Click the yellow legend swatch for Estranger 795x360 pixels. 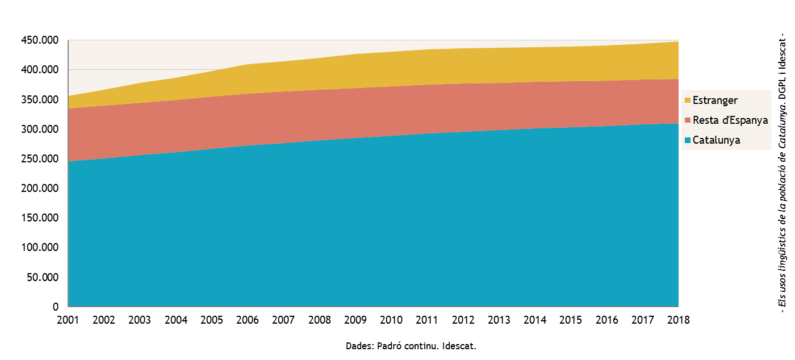tap(687, 101)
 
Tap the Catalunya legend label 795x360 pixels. tap(717, 140)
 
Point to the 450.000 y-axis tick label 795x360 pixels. tap(39, 40)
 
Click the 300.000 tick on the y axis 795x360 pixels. tap(39, 129)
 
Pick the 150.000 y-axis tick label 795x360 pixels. tap(39, 218)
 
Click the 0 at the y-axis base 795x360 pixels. tap(56, 307)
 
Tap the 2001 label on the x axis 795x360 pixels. tap(68, 320)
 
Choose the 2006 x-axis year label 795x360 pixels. tap(248, 320)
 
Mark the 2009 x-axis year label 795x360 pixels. tap(355, 320)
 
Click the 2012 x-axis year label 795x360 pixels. tap(463, 320)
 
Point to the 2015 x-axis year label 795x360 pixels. tap(571, 320)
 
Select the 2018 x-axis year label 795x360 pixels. tap(679, 320)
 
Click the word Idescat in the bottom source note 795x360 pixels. tap(459, 346)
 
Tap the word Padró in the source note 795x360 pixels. tap(390, 346)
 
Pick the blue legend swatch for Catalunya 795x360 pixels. tap(687, 140)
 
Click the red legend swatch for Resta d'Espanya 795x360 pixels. tap(687, 120)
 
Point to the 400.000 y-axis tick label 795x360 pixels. tap(39, 70)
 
